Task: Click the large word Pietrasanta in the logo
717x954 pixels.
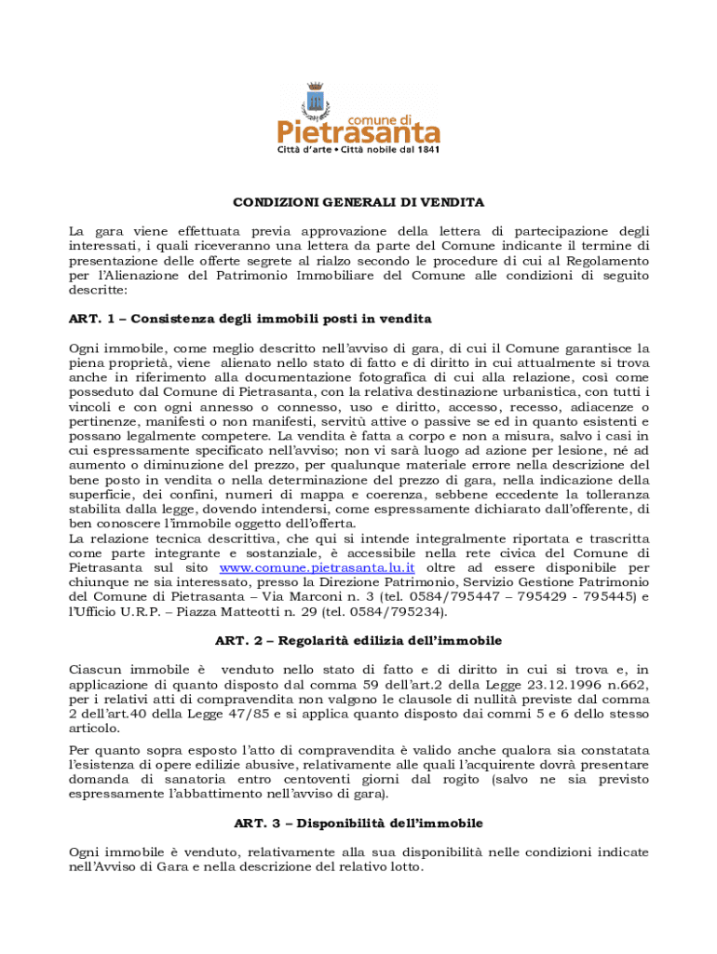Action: pos(358,131)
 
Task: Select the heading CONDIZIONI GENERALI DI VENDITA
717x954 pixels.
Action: pos(358,201)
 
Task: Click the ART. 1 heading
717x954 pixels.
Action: pos(250,319)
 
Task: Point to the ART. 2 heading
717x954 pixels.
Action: pos(358,640)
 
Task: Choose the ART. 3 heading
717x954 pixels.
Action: pos(358,824)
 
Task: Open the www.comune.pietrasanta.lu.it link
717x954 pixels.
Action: pos(317,566)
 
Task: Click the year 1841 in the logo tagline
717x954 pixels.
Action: pos(426,149)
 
